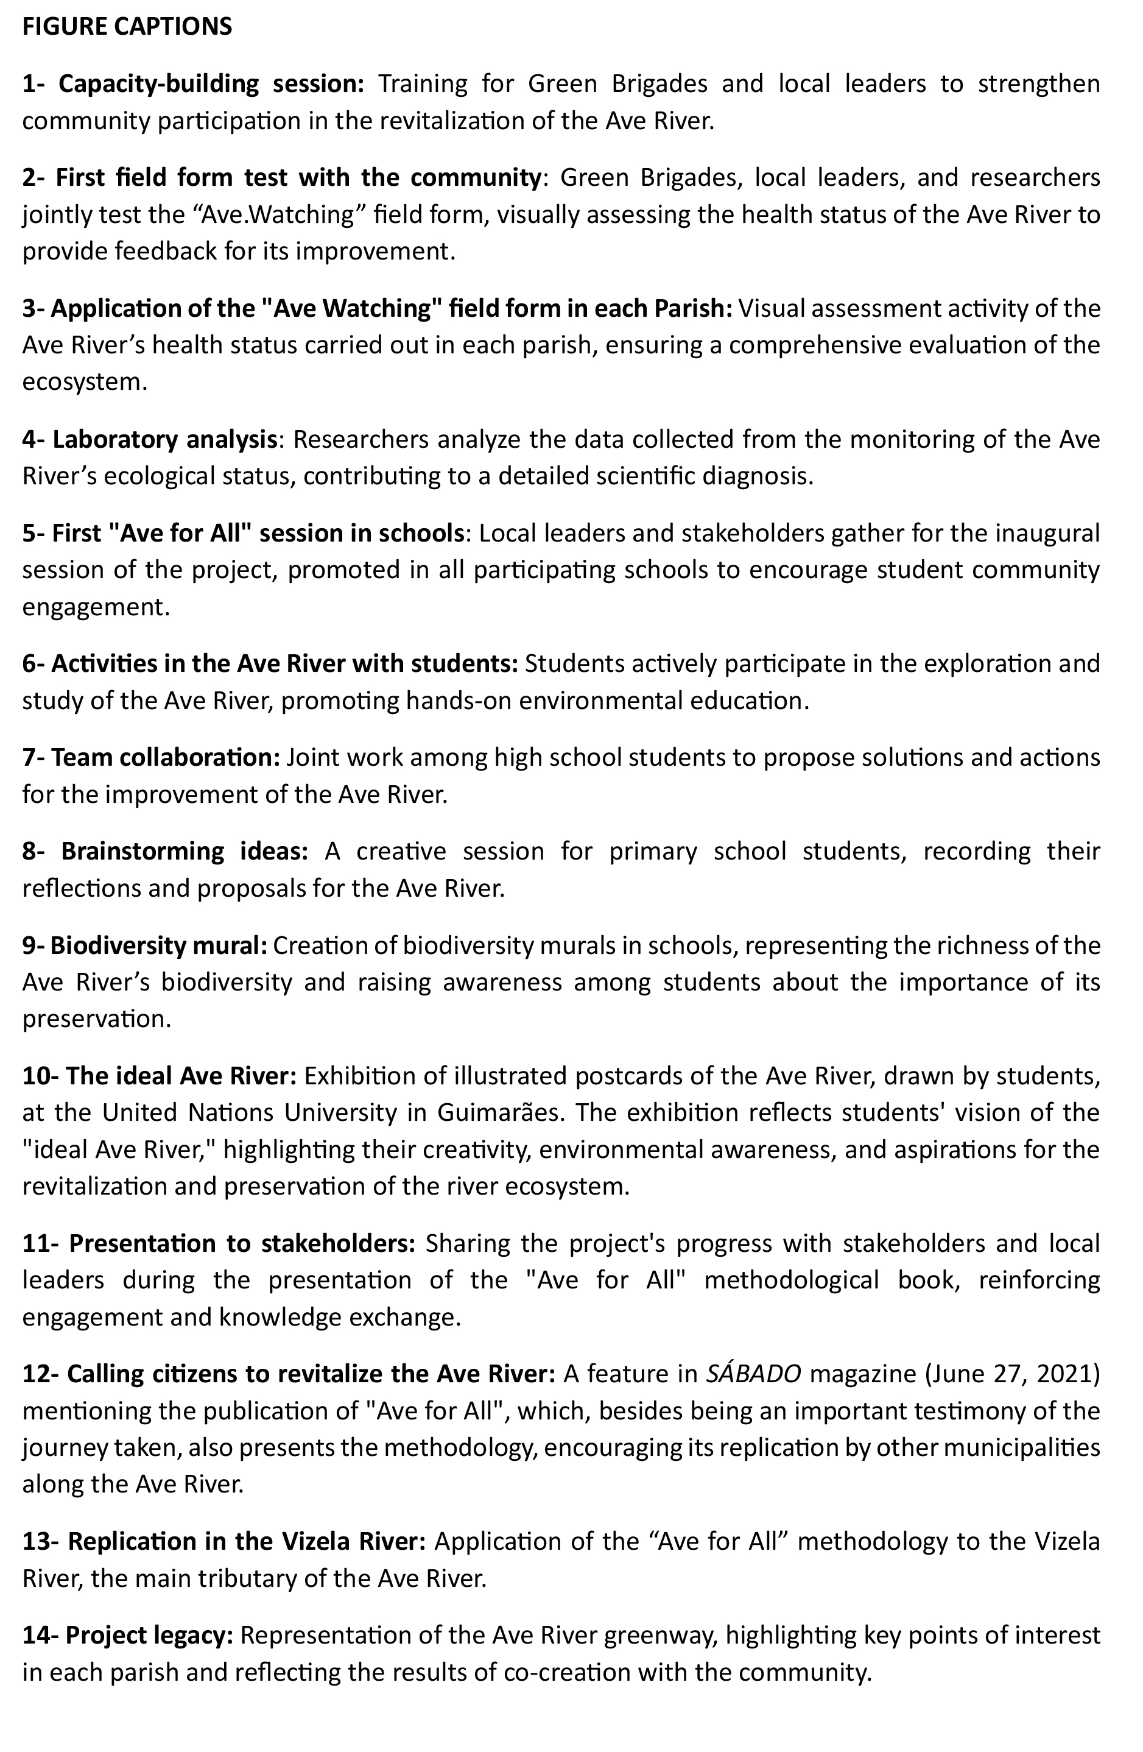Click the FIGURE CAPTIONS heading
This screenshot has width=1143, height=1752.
[127, 27]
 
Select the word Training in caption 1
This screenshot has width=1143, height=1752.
[423, 84]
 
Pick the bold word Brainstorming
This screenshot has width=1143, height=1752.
[142, 851]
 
